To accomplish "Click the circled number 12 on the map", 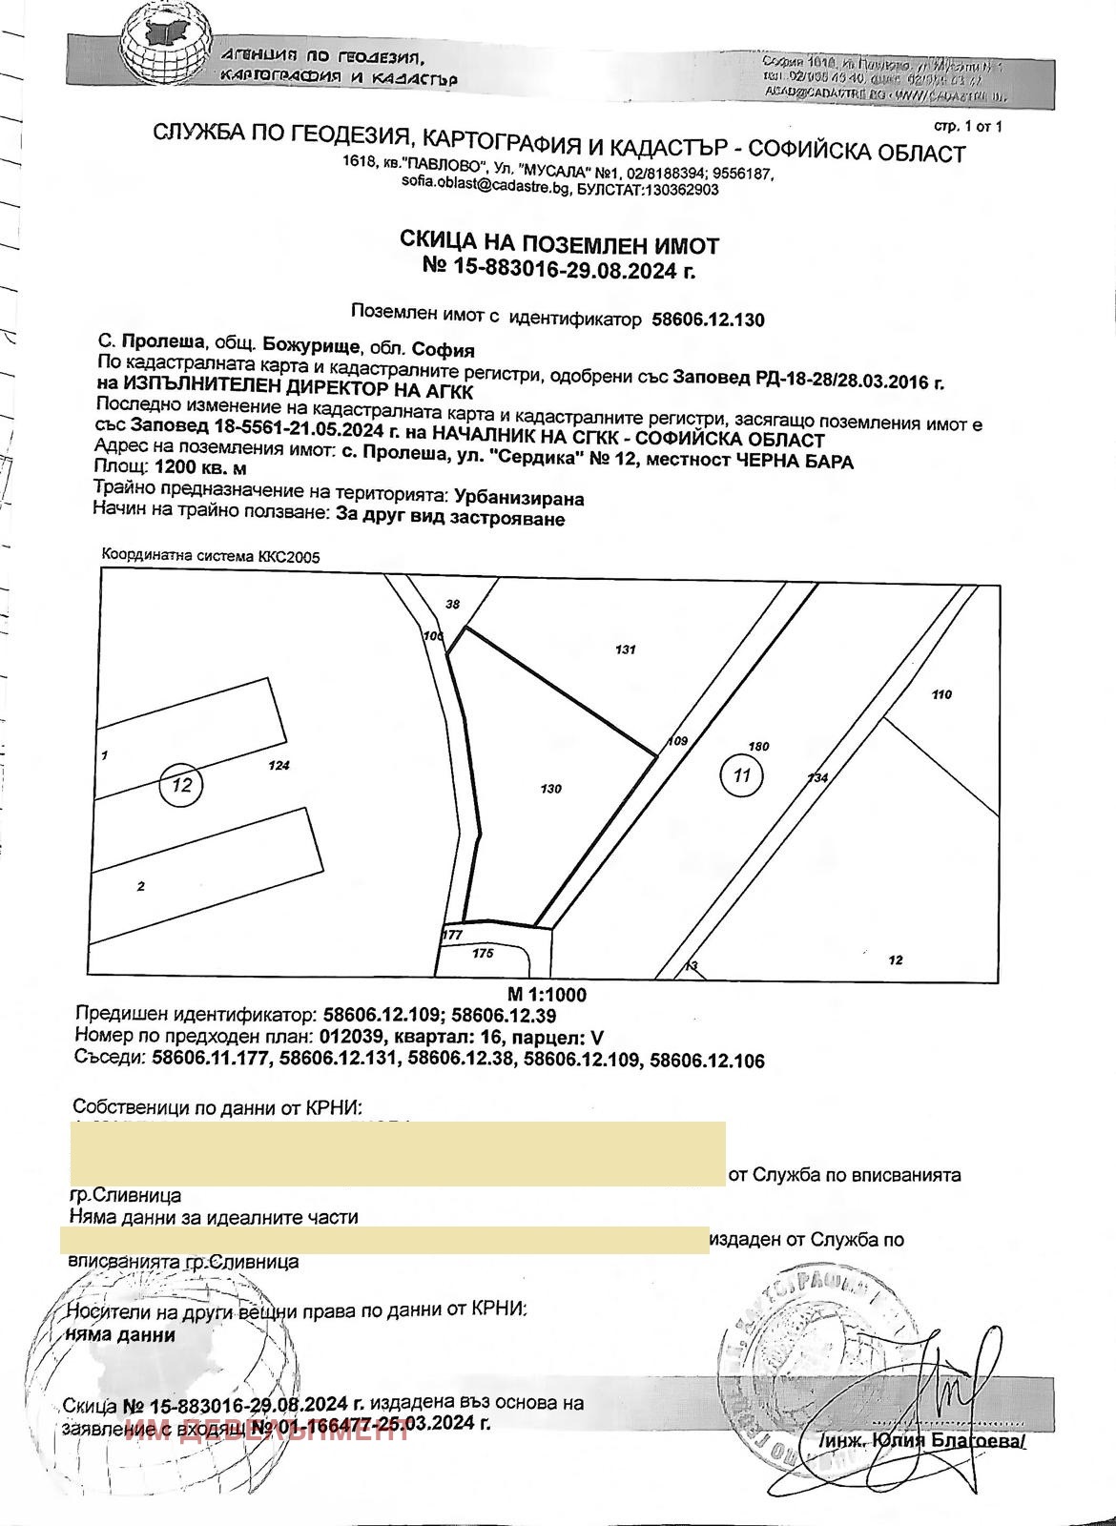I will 183,785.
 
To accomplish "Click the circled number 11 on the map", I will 741,774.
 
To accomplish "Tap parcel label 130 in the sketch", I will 550,789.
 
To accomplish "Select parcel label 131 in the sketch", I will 626,650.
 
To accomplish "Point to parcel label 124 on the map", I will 279,765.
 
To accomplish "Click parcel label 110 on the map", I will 940,695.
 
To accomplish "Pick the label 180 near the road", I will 759,747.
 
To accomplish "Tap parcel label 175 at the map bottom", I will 483,953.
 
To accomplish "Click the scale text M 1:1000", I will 547,995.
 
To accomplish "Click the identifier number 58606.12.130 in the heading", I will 707,320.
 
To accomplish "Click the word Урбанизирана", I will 519,498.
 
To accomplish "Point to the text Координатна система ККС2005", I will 204,556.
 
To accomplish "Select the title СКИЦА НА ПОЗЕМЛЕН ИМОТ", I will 559,246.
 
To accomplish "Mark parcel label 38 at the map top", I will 453,604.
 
